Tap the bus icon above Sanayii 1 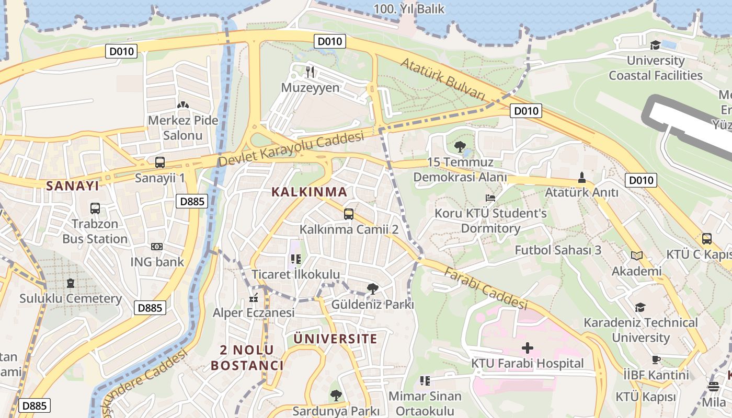[160, 162]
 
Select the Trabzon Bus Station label [95, 231]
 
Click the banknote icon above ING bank [157, 247]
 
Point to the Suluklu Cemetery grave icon [71, 283]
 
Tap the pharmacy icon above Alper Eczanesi [254, 298]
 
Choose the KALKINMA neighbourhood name [309, 192]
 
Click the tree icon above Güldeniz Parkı [372, 288]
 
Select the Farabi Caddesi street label [486, 288]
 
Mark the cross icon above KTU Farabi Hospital [528, 348]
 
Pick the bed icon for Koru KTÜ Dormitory [490, 198]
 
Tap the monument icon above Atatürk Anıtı [581, 177]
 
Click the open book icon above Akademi [636, 256]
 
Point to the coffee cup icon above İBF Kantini [656, 359]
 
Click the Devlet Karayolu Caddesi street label [291, 149]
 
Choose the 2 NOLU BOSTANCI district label [247, 357]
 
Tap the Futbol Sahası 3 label [558, 250]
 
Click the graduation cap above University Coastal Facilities [655, 45]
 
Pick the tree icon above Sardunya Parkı [336, 396]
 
